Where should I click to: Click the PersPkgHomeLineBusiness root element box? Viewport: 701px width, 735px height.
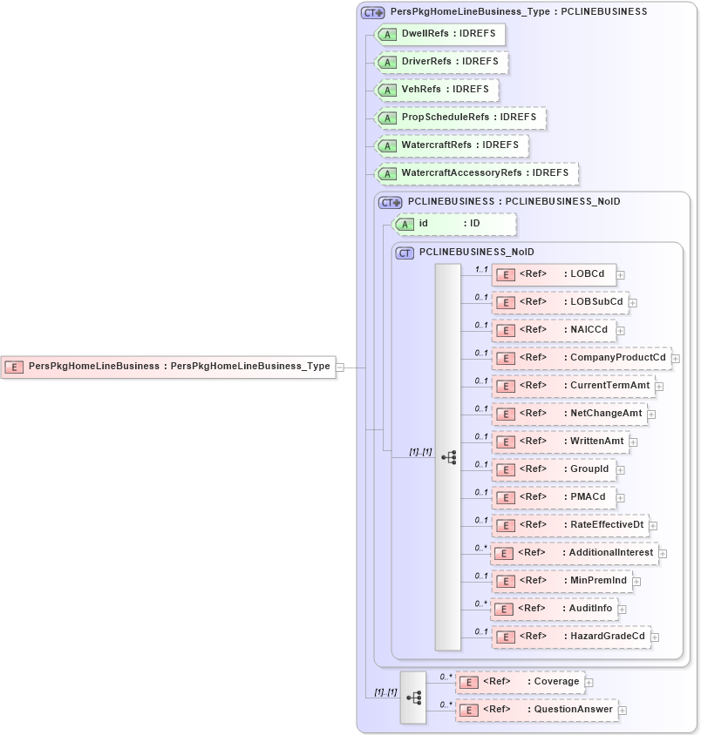coord(170,367)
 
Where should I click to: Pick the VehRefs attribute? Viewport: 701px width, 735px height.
coord(437,90)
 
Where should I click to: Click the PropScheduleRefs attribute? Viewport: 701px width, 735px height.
coord(460,118)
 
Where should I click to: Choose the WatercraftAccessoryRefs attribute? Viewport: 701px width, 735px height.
coord(476,173)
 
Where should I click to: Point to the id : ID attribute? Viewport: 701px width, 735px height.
coord(454,224)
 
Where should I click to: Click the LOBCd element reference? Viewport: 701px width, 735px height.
coord(554,274)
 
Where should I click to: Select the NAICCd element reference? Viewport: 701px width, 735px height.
coord(554,330)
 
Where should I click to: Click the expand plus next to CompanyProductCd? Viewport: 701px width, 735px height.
coord(676,358)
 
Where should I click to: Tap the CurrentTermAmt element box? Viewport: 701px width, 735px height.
coord(573,386)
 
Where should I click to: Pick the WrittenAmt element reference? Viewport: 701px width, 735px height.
coord(560,442)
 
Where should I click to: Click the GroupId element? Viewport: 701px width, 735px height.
coord(554,469)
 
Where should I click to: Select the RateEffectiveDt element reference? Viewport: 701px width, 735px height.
coord(570,525)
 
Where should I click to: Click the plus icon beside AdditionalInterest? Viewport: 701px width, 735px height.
coord(663,553)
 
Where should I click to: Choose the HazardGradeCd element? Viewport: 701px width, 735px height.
coord(571,637)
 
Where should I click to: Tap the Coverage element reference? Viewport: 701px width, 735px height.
coord(520,682)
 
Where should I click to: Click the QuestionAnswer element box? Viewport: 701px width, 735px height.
coord(536,710)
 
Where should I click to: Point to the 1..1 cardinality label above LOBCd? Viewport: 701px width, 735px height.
coord(480,269)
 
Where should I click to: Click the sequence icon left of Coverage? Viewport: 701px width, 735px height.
coord(413,698)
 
